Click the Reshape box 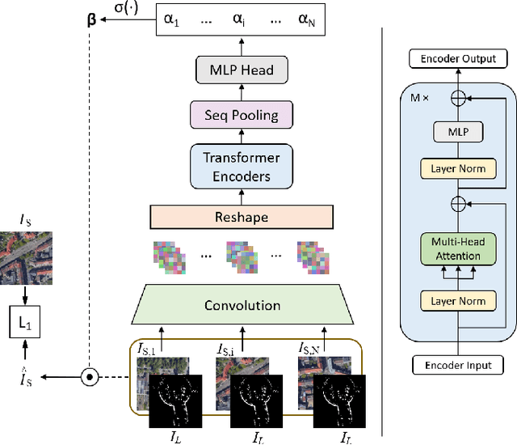pos(242,217)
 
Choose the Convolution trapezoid pos(242,305)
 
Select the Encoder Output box pos(457,58)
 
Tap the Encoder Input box pos(457,366)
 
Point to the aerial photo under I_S pos(26,256)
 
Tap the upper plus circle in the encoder pos(458,96)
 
